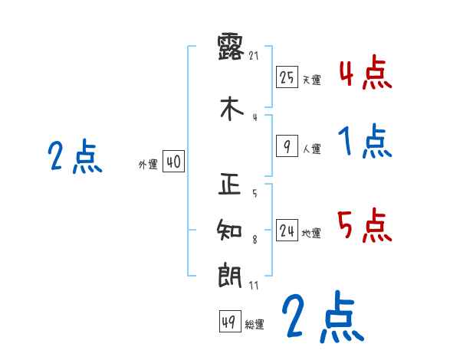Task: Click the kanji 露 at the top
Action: (231, 47)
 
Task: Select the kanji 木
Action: (231, 110)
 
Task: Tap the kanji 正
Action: (231, 185)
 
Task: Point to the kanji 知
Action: (231, 231)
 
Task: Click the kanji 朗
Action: (231, 276)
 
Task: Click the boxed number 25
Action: (287, 77)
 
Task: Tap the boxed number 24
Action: (287, 231)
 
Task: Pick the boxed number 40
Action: (173, 162)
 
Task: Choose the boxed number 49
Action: (228, 322)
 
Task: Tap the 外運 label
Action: (148, 165)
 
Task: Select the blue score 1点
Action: (365, 142)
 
